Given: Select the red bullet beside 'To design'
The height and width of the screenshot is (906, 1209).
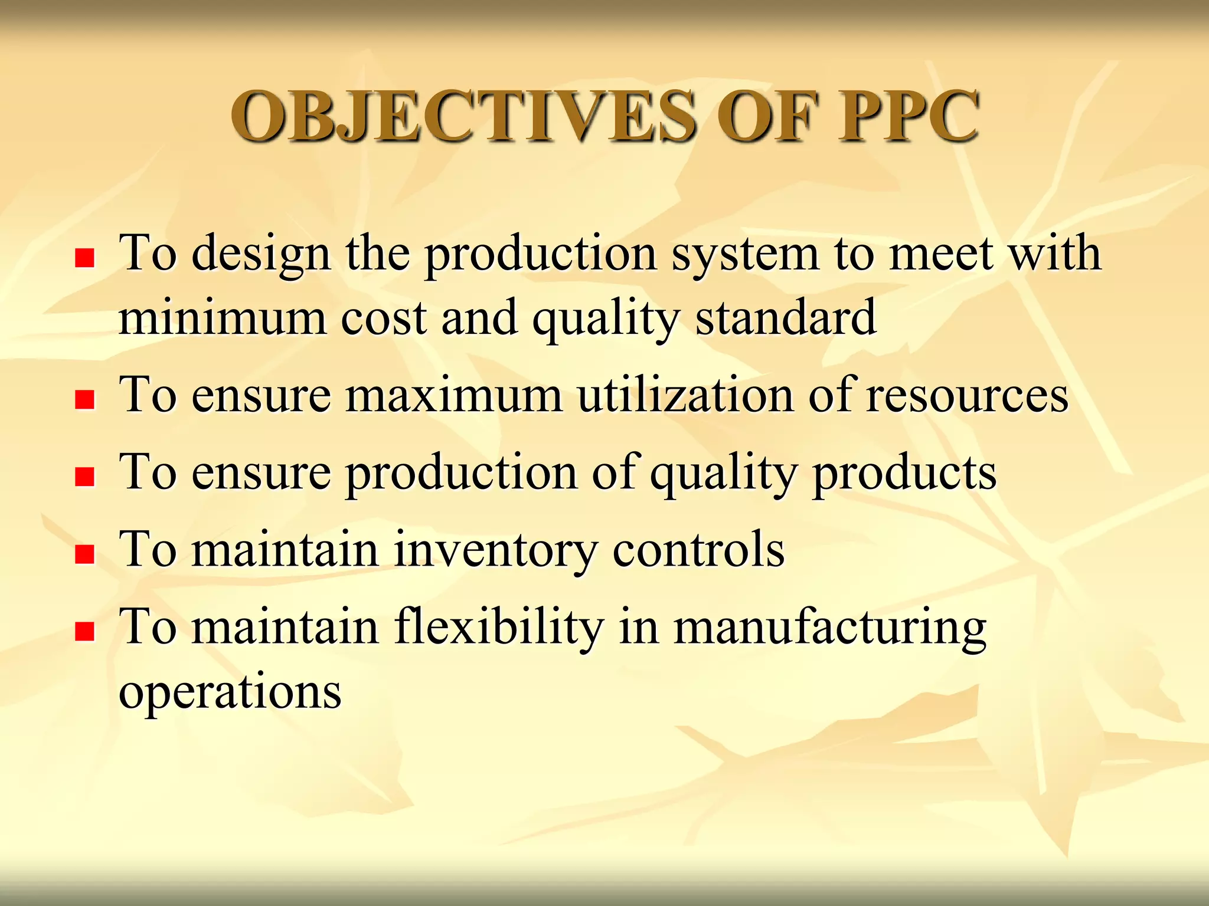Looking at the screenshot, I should (85, 258).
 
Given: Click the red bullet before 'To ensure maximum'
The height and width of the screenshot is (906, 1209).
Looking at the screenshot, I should (85, 399).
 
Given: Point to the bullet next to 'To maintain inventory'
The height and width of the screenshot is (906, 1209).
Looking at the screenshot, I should (85, 554).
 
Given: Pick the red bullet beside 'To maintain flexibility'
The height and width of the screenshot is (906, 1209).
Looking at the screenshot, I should (85, 631).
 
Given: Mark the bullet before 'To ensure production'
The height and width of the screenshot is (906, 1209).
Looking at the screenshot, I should (85, 476).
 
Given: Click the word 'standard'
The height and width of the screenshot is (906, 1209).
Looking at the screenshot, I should (785, 318).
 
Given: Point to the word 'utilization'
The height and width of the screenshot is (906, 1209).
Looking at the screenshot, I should (685, 395).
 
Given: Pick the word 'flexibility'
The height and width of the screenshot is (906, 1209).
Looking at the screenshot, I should (499, 626).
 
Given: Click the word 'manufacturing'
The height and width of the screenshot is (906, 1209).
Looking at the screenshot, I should (829, 628).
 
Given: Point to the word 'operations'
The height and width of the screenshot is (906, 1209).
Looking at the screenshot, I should (230, 691).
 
